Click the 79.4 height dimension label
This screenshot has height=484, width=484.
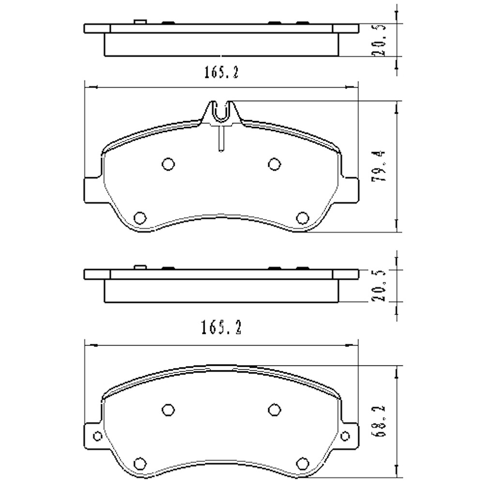(x=381, y=166)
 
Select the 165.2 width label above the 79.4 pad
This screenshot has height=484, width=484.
(x=221, y=73)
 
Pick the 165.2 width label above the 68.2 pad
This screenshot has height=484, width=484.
(x=221, y=328)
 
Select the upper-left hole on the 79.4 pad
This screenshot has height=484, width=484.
(x=168, y=165)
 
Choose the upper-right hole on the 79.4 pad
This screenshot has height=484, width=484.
(x=274, y=165)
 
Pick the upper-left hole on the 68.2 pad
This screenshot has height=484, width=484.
(x=168, y=410)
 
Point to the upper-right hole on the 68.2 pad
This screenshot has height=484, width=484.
(x=274, y=410)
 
